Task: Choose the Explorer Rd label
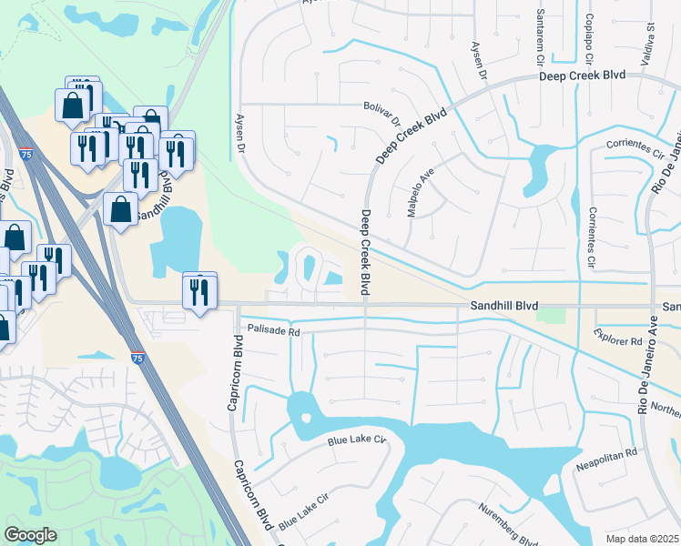coord(622,340)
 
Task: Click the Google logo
coord(31,535)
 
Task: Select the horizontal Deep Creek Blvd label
coord(582,75)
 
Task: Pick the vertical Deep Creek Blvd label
coord(365,253)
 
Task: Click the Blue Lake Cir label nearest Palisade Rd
coord(358,441)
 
